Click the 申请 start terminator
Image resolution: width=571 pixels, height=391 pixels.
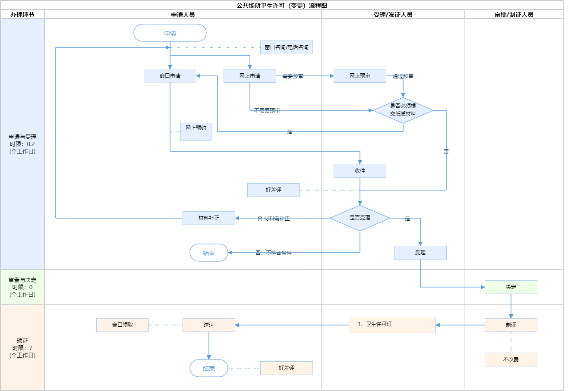pyautogui.click(x=170, y=33)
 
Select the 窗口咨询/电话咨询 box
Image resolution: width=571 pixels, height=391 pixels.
pyautogui.click(x=286, y=47)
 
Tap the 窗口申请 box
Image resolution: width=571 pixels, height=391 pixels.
pyautogui.click(x=170, y=76)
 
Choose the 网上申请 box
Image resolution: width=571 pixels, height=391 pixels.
pyautogui.click(x=250, y=76)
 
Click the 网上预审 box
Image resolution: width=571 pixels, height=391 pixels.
pyautogui.click(x=360, y=76)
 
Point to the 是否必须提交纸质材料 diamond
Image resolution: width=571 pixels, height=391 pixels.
pyautogui.click(x=403, y=110)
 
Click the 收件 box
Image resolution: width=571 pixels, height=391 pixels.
pyautogui.click(x=360, y=171)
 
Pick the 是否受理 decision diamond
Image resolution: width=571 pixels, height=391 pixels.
pyautogui.click(x=360, y=218)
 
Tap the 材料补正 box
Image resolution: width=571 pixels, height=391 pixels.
pyautogui.click(x=209, y=218)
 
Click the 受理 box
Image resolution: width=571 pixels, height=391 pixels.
pyautogui.click(x=420, y=253)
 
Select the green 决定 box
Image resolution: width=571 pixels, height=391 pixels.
pyautogui.click(x=511, y=287)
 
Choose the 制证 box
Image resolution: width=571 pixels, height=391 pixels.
pyautogui.click(x=511, y=325)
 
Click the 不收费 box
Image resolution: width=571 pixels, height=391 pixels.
pyautogui.click(x=511, y=360)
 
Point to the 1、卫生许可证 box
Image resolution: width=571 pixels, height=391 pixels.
pyautogui.click(x=392, y=325)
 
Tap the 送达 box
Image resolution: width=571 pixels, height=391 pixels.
pyautogui.click(x=209, y=325)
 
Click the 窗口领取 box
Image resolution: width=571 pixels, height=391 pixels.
pyautogui.click(x=123, y=325)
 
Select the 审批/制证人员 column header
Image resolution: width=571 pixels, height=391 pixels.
pyautogui.click(x=514, y=15)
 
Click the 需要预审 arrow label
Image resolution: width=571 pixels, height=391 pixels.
pyautogui.click(x=293, y=76)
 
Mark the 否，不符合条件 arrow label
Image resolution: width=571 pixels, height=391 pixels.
pyautogui.click(x=274, y=253)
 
